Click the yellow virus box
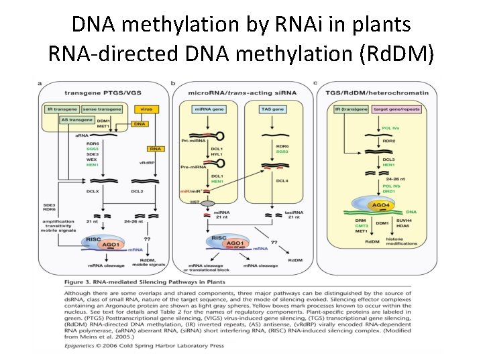(x=146, y=109)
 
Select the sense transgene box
(x=100, y=109)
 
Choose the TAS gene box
(x=273, y=109)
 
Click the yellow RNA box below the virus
(x=156, y=149)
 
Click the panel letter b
(x=174, y=83)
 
